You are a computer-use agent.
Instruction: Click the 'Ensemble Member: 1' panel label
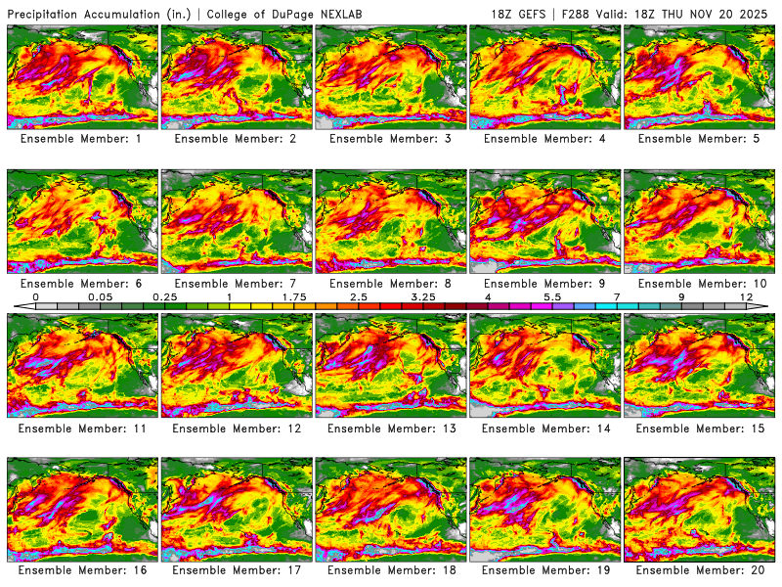83,139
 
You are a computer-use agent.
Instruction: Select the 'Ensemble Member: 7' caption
238,283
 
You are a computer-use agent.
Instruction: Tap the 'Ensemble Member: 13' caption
392,428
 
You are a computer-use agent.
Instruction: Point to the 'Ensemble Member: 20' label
701,569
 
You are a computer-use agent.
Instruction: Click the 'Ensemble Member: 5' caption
701,139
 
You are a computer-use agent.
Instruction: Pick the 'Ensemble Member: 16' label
83,569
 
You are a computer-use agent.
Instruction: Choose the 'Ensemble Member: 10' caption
701,283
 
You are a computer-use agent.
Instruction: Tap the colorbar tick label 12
746,295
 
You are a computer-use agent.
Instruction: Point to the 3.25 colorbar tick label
423,295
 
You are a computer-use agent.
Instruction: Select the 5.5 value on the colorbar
552,295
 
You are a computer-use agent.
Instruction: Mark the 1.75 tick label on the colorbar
294,295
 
